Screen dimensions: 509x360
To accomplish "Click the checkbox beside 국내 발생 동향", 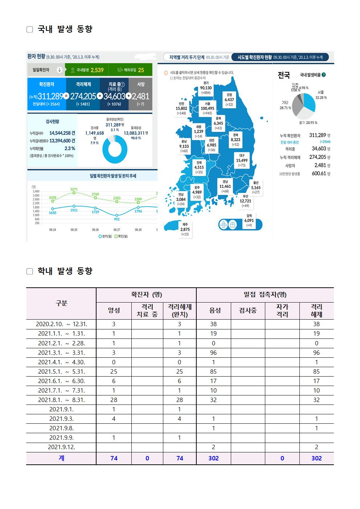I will pos(30,29).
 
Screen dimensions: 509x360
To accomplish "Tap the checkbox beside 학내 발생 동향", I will pos(30,271).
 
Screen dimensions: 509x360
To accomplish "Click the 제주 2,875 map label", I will pos(185,229).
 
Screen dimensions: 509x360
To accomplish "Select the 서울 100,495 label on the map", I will pos(207,108).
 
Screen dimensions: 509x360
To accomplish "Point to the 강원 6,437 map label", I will pos(229,99).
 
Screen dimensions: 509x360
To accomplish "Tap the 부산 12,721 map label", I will pos(245,201).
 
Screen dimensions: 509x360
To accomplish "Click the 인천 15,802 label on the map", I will pos(181,108).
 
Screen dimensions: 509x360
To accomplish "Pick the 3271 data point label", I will pos(74,189).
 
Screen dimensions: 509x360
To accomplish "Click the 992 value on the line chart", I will pos(116,219).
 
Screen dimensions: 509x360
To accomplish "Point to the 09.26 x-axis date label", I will pos(95,230).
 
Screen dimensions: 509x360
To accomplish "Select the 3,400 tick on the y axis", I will pos(36,191).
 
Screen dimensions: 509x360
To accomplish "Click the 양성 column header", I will pos(114,311).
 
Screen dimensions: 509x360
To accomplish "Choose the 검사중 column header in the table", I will pos(248,311).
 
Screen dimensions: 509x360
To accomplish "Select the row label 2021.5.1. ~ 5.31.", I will pos(61,372).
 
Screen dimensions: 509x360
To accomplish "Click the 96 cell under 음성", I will pos(213,353).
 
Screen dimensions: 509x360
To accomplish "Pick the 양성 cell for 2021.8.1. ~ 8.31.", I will pos(114,400).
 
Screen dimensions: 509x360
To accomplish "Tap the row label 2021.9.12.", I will pos(61,447).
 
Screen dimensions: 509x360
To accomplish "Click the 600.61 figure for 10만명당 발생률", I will pos(319,174).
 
